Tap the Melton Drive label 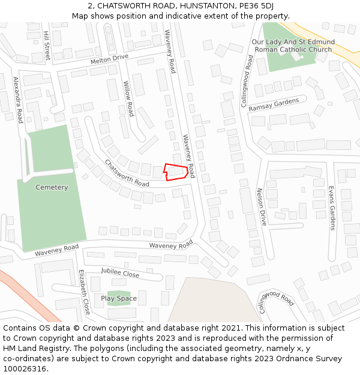point(110,59)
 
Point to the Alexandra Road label point(18,100)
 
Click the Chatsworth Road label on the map point(127,173)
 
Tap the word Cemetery point(52,187)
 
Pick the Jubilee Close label point(120,274)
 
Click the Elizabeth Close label point(84,292)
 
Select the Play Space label point(119,298)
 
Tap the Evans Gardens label point(331,208)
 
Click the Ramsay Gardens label point(274,103)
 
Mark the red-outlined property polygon point(176,172)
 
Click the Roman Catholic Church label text point(292,49)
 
